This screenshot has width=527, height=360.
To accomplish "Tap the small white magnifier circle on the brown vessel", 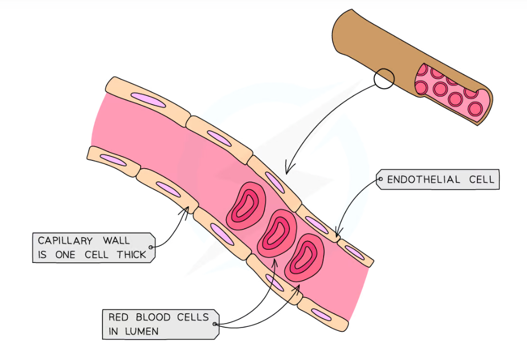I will (384, 79).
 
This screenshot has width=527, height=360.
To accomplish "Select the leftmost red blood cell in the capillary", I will (247, 205).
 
